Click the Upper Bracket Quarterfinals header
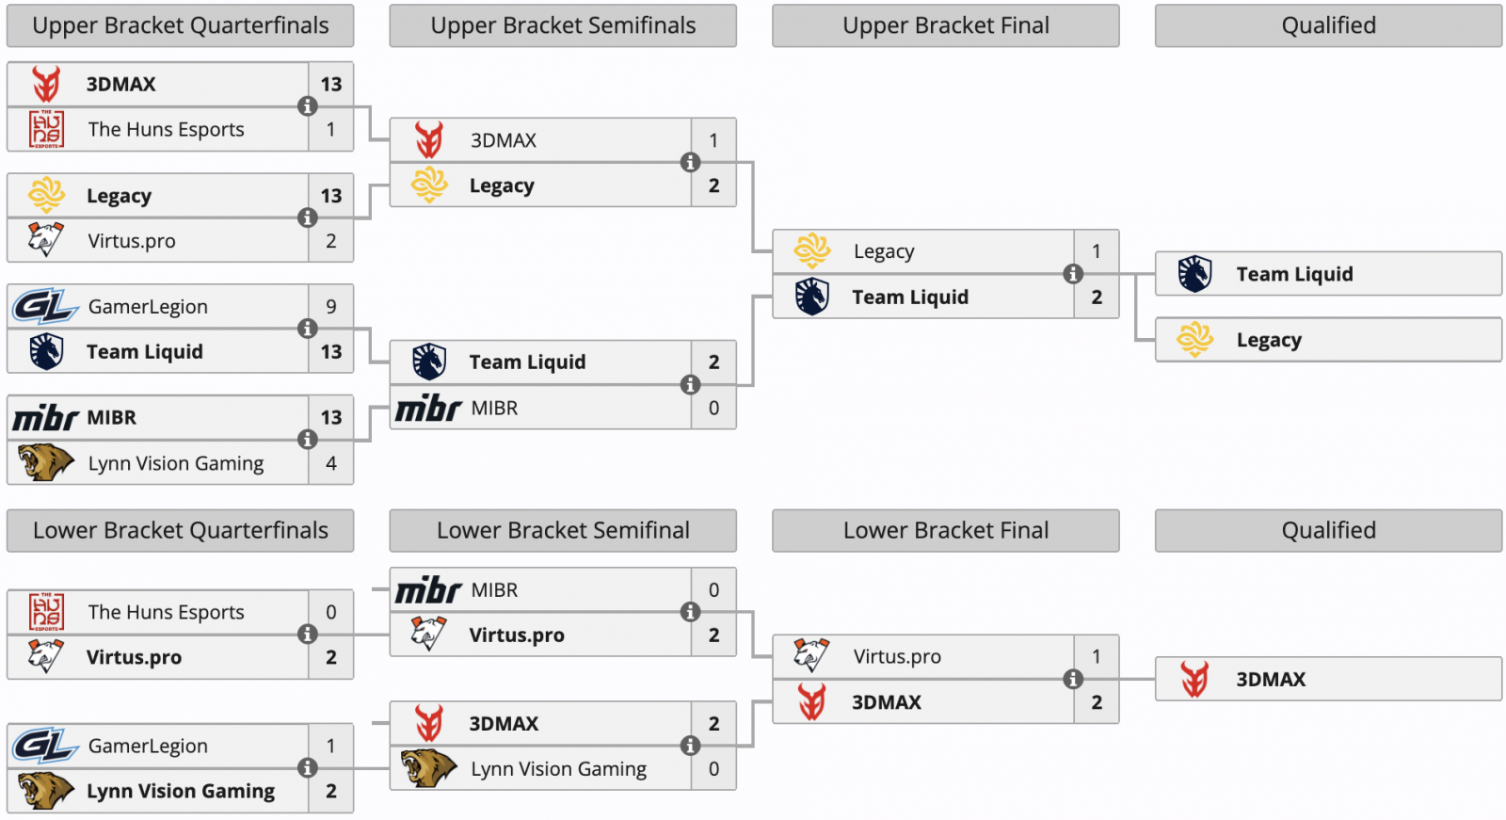pyautogui.click(x=180, y=26)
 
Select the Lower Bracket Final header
pyautogui.click(x=945, y=531)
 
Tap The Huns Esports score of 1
pyautogui.click(x=330, y=130)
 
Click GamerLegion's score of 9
pyautogui.click(x=330, y=307)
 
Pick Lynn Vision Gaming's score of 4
pyautogui.click(x=330, y=463)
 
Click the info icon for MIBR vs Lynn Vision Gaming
pyautogui.click(x=307, y=440)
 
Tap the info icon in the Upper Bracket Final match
pyautogui.click(x=1072, y=274)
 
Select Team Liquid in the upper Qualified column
pyautogui.click(x=1294, y=274)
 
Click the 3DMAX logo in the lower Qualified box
pyautogui.click(x=1194, y=679)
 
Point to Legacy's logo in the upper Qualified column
pyautogui.click(x=1194, y=340)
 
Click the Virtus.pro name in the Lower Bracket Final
pyautogui.click(x=896, y=657)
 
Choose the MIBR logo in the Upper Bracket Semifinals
pyautogui.click(x=428, y=409)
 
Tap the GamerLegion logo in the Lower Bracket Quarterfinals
pyautogui.click(x=44, y=747)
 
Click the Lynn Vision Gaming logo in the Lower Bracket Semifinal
pyautogui.click(x=428, y=769)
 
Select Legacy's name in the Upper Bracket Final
pyautogui.click(x=883, y=252)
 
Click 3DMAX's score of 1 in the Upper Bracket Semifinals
pyautogui.click(x=713, y=141)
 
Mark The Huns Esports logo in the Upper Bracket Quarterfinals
pyautogui.click(x=46, y=130)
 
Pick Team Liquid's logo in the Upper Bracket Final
pyautogui.click(x=811, y=297)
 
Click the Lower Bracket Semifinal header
pyautogui.click(x=563, y=531)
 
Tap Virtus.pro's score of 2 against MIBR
pyautogui.click(x=713, y=635)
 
